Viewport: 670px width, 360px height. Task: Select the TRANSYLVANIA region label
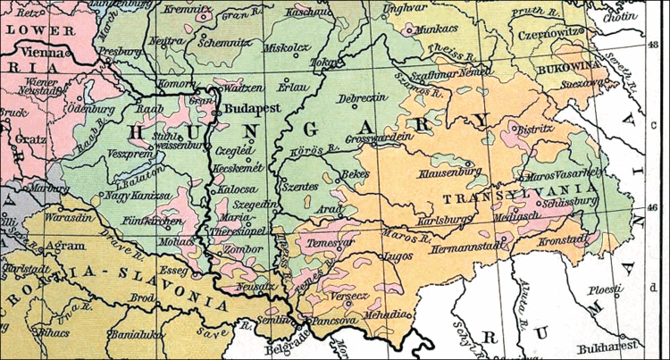coord(519,193)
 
